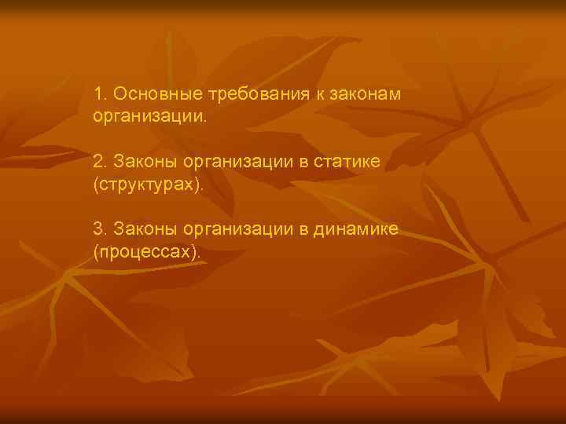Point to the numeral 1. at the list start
pyautogui.click(x=99, y=94)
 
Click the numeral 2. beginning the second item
pyautogui.click(x=99, y=162)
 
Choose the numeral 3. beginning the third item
pyautogui.click(x=99, y=229)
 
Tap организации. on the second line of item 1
pyautogui.click(x=151, y=117)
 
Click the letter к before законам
pyautogui.click(x=322, y=95)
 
